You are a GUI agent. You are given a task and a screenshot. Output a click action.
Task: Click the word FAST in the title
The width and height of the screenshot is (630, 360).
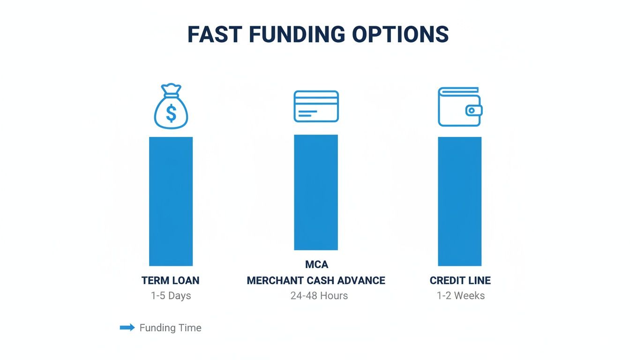click(x=215, y=35)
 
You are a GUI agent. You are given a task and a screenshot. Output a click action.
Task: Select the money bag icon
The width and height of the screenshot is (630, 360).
click(x=171, y=107)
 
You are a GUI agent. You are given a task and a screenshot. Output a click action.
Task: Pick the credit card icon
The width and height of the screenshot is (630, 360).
click(x=316, y=106)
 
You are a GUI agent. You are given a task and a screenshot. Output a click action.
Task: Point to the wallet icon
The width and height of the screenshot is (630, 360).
click(x=460, y=107)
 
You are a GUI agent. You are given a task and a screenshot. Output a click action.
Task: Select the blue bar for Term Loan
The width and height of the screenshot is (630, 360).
click(x=171, y=201)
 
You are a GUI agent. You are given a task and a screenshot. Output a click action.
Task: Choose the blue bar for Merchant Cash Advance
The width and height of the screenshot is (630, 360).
click(x=315, y=192)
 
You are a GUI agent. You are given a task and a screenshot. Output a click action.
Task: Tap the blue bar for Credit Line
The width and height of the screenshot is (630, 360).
click(x=459, y=201)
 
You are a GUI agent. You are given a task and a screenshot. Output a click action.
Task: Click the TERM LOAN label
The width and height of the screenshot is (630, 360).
click(x=171, y=281)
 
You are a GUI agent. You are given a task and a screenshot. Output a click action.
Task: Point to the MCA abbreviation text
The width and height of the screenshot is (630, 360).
click(x=316, y=265)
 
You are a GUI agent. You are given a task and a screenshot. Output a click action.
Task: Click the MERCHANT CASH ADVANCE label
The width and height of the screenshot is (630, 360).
click(x=316, y=281)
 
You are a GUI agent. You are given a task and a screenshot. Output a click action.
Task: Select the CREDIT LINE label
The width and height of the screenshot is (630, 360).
click(x=460, y=281)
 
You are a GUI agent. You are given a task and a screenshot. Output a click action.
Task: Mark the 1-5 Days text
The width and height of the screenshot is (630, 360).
click(x=171, y=296)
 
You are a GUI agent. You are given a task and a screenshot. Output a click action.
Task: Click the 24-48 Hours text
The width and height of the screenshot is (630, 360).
click(x=319, y=296)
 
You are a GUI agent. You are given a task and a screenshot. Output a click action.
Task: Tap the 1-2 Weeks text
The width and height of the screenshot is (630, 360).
click(x=460, y=296)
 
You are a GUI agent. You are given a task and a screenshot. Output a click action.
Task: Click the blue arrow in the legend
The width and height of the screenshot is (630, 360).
click(x=127, y=328)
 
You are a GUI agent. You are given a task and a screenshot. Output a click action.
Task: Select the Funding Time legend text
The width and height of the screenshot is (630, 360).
click(x=170, y=328)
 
